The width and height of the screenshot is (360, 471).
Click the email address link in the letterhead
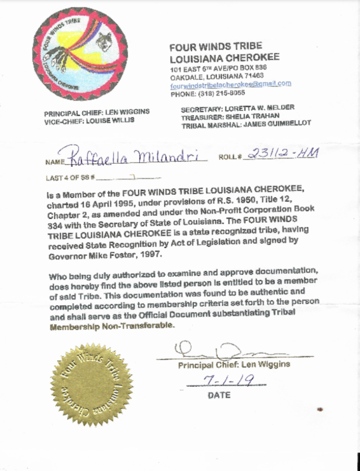point(230,84)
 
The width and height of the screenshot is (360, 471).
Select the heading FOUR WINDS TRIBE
point(216,47)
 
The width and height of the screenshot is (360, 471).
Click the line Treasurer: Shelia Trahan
point(230,116)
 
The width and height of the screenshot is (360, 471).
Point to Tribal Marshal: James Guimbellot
point(246,124)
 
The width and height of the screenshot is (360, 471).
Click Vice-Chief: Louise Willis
point(89,121)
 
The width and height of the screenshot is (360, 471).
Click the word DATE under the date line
point(219,395)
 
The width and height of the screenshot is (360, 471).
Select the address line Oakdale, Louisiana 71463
point(217,77)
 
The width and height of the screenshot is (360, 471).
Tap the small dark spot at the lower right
point(320,408)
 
